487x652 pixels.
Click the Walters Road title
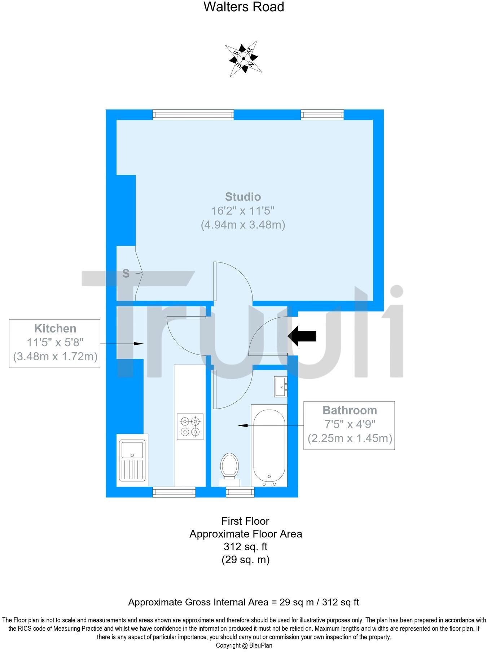tap(244, 7)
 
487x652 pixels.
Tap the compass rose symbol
tap(243, 58)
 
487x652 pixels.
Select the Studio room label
tap(243, 197)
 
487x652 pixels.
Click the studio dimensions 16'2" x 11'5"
tap(243, 211)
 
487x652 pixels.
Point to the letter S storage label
tap(126, 274)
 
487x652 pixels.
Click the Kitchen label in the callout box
tap(55, 329)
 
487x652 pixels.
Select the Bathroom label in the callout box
tap(350, 410)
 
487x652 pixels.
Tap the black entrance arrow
tap(302, 336)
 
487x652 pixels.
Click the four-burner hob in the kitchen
tap(190, 426)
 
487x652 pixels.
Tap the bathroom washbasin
tap(281, 387)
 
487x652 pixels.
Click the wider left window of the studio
tap(193, 115)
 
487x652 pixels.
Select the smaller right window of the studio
tap(322, 115)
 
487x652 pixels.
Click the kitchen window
tap(174, 492)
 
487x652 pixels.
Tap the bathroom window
tap(240, 492)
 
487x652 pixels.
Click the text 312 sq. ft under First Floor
tap(245, 547)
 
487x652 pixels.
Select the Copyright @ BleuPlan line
tap(244, 646)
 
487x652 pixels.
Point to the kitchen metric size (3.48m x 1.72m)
tap(55, 357)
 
